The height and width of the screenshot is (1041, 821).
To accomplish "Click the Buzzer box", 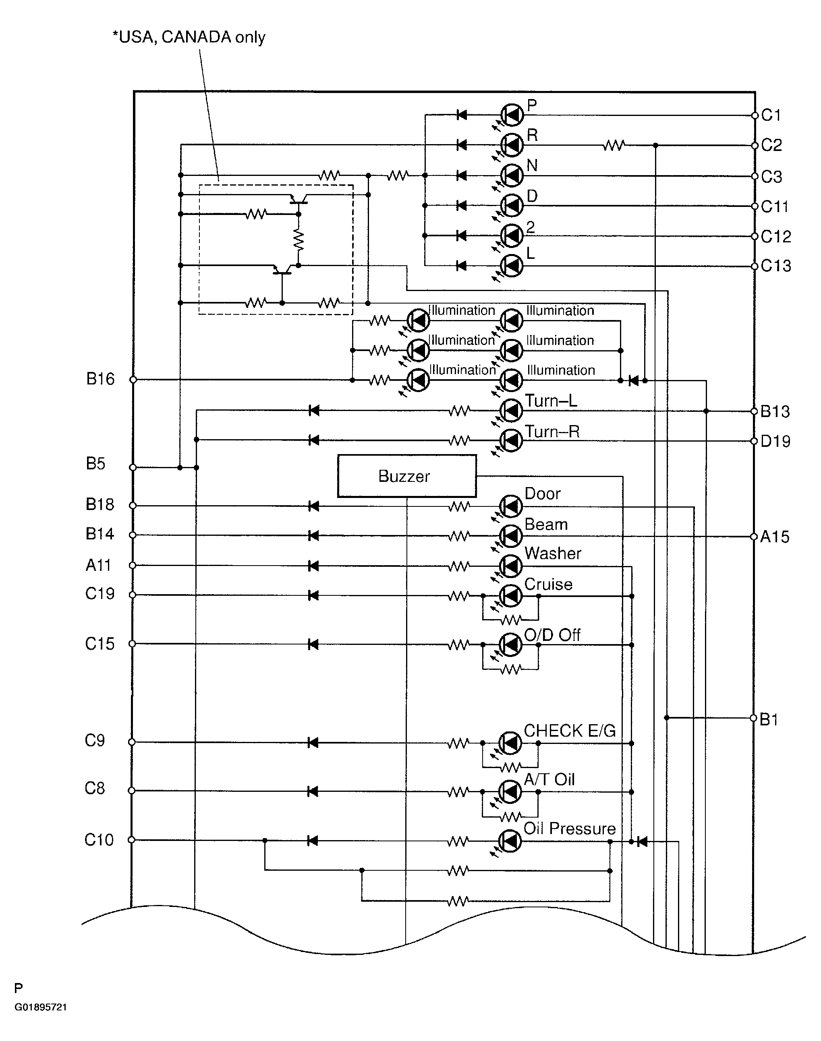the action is pos(406,475).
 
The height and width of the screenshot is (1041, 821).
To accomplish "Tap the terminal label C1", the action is pos(771,115).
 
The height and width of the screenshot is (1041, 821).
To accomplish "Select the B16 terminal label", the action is pos(100,379).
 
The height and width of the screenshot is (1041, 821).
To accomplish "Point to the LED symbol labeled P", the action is pos(512,115).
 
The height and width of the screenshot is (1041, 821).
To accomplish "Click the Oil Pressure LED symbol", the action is pos(510,841).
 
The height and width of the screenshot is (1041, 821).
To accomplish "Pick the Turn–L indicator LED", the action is pos(511,410).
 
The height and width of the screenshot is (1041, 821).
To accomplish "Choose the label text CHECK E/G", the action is pos(570,731).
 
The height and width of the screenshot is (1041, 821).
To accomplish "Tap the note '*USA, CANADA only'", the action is pos(189,37).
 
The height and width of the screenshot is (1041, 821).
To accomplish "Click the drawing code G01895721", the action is pos(41,1007).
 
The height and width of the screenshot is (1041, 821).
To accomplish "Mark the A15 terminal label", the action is pos(775,537).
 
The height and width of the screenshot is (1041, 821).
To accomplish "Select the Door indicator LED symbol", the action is pos(510,506).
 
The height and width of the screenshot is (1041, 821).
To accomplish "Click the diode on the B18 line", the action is pos(313,506).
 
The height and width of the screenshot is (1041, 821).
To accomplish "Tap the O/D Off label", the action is pos(552,635).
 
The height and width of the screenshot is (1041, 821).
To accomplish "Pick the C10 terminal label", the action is pos(99,840).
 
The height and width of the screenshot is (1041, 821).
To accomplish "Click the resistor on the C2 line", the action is pos(614,145).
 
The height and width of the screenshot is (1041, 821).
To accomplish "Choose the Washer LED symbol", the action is pos(510,566).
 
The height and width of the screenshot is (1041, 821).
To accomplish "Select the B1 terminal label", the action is pos(769,719).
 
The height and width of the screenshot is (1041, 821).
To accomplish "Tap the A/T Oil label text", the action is pos(549,779).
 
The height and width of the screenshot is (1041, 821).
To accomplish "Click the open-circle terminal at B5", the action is pos(133,467).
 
